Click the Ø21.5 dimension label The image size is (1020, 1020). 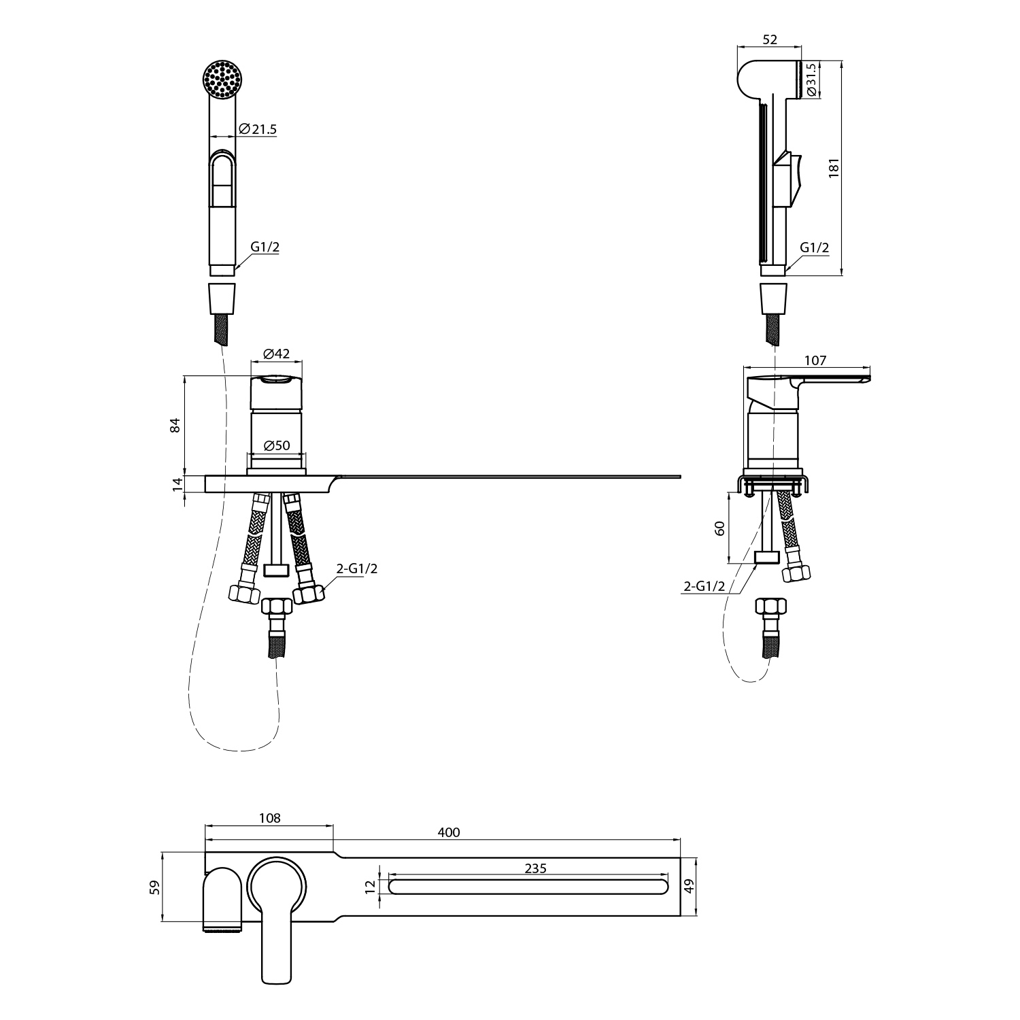point(258,129)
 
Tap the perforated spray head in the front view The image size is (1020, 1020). point(222,79)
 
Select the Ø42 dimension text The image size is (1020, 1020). point(276,354)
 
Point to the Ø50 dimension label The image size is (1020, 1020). point(276,446)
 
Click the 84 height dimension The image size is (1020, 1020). point(175,425)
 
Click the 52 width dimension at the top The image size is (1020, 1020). point(769,40)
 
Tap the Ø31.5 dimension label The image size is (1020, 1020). point(810,80)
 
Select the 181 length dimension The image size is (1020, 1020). point(834,168)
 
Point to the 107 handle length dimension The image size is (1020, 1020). point(815,360)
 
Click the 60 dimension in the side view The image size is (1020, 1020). point(719,528)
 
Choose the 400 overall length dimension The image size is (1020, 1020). point(449,832)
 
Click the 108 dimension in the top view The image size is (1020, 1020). point(270,818)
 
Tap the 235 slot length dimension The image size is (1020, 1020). point(536,868)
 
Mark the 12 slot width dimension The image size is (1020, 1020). point(370,886)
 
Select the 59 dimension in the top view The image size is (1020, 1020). point(155,887)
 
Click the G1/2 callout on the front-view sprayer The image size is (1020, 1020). point(265,248)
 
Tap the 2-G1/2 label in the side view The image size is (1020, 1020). point(704,586)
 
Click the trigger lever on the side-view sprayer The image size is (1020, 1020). point(789,178)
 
